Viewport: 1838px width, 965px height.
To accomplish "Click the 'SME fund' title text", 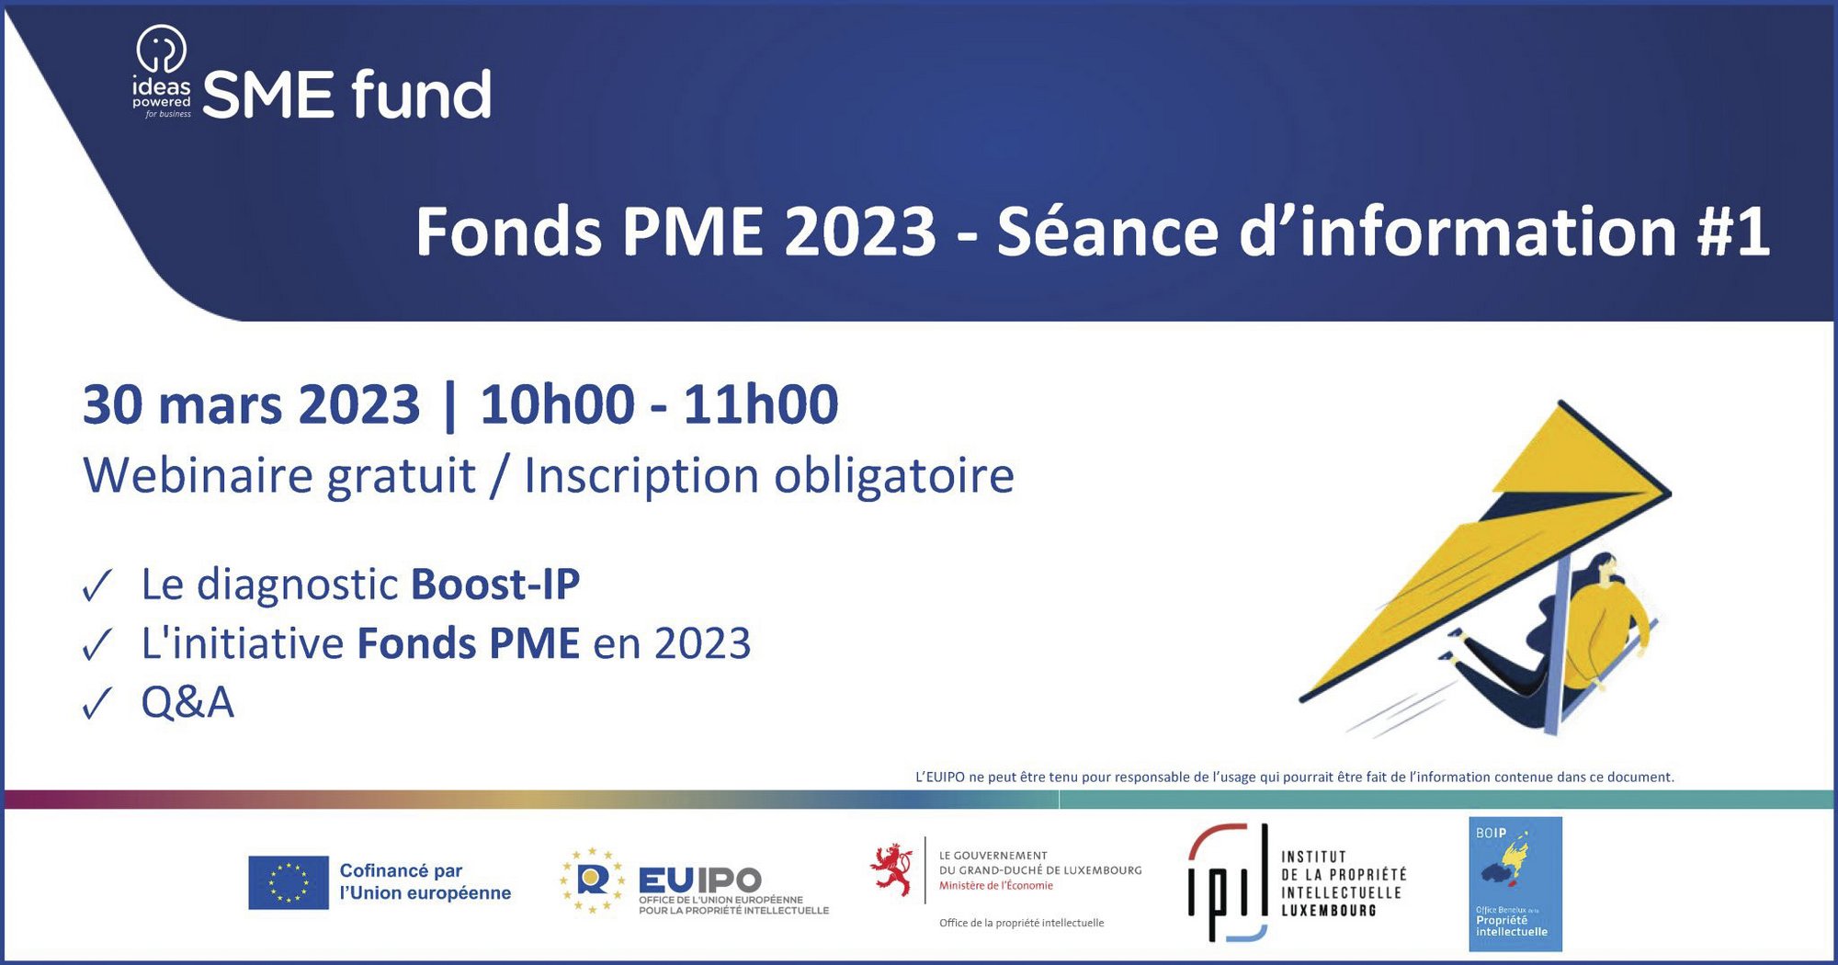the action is tap(346, 95).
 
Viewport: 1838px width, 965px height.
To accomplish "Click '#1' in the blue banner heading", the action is tap(1733, 232).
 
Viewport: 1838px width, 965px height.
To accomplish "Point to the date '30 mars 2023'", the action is tap(251, 404).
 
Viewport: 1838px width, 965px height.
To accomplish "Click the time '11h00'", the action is tap(761, 404).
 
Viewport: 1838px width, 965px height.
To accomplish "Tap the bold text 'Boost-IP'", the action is tap(495, 585).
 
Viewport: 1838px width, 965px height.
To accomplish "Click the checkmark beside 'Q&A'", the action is tap(96, 704).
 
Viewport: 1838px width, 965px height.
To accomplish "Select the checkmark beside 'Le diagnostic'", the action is tap(96, 585).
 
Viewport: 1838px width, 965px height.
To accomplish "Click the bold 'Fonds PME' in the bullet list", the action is tap(469, 643).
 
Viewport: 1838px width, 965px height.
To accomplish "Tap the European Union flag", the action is tap(289, 882).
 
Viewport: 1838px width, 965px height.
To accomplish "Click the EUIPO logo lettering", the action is tap(700, 880).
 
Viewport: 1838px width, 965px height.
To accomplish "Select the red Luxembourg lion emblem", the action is tap(891, 869).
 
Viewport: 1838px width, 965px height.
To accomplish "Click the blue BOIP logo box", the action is tap(1515, 884).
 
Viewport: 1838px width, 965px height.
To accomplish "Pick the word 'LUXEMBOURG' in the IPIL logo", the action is tap(1329, 911).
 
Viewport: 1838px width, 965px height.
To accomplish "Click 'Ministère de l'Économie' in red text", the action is tap(996, 886).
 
